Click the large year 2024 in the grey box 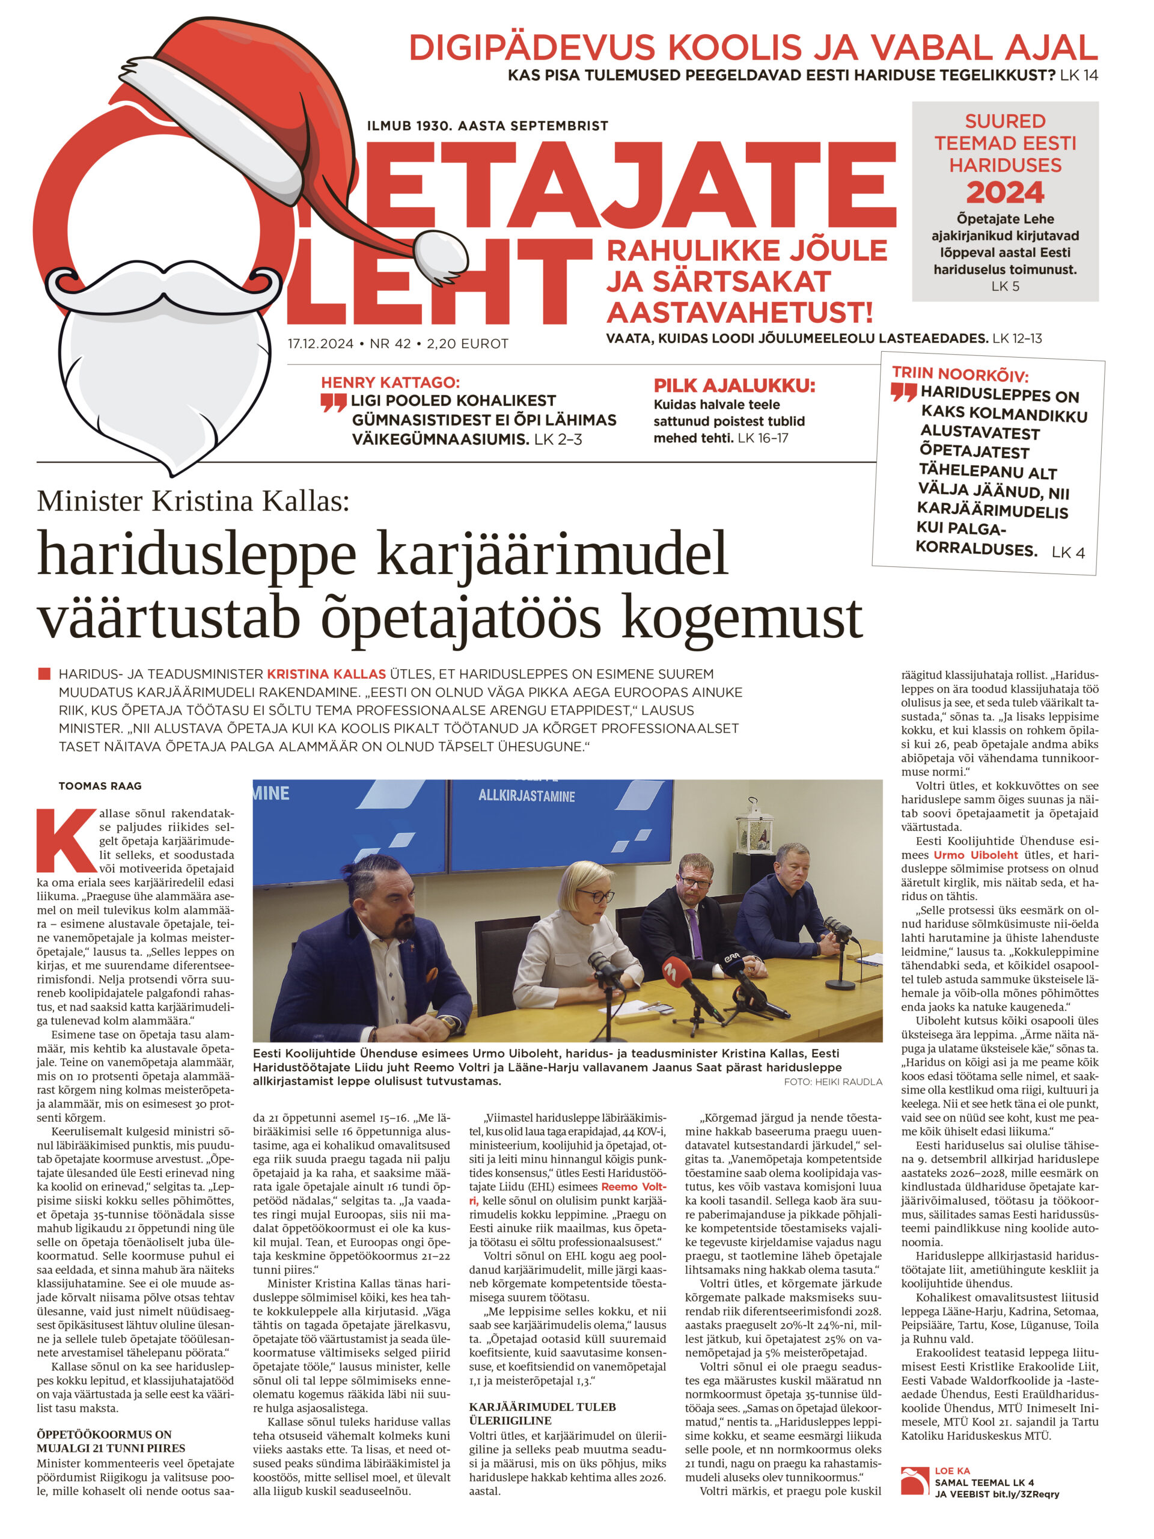coord(1004,192)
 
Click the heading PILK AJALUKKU coord(734,385)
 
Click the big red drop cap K coord(66,839)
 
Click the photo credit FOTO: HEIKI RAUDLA coord(832,1082)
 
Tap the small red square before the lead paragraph coord(44,673)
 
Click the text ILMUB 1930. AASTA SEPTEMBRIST coord(487,126)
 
